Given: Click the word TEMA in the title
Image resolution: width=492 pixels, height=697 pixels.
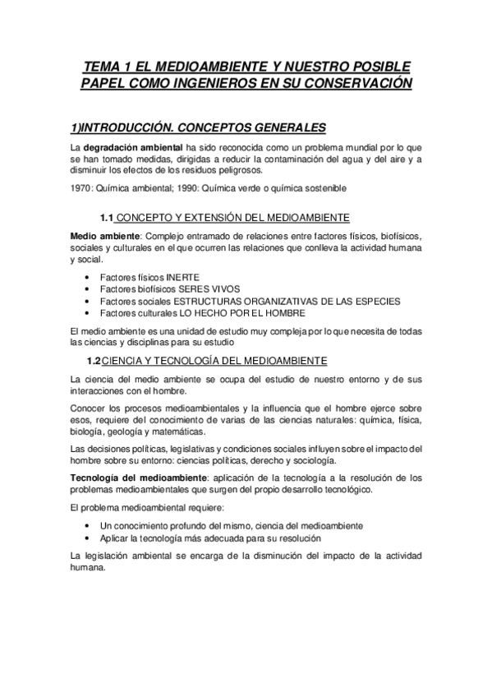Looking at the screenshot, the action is click(104, 67).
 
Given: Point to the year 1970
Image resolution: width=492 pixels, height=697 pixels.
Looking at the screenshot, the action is click(84, 188).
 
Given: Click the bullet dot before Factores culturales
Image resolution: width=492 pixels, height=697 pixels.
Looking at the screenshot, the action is click(87, 313).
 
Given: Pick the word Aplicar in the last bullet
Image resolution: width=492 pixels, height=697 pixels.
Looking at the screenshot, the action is click(114, 538).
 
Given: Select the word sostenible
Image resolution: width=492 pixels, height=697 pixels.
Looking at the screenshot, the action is click(324, 188).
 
